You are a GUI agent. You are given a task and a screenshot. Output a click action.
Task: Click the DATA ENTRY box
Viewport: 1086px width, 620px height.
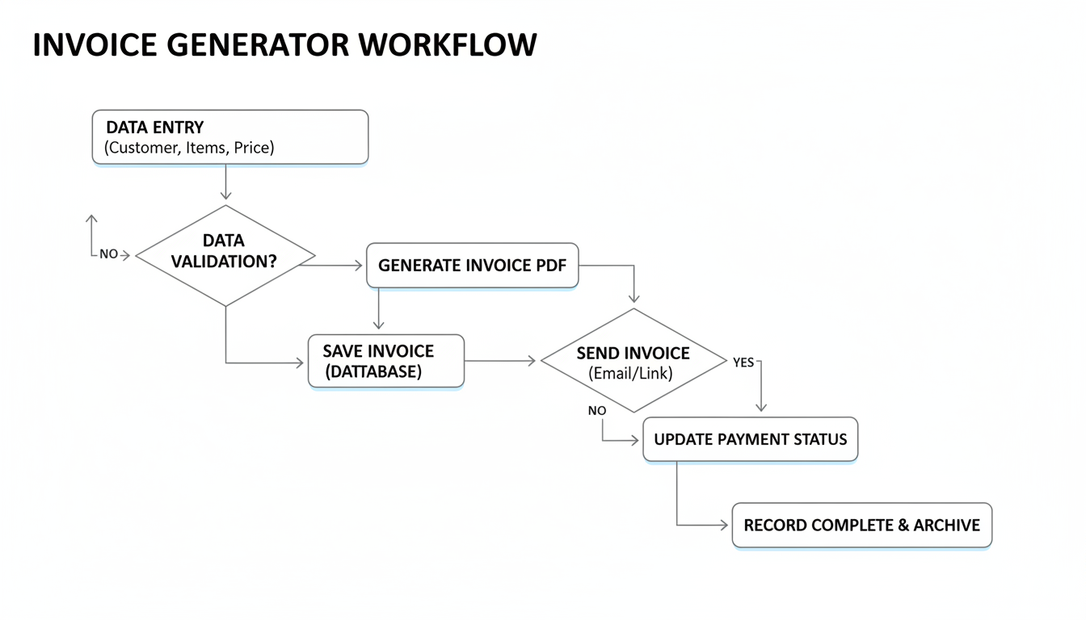[x=230, y=137]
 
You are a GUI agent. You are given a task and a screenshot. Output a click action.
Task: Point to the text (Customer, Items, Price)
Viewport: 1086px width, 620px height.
[x=189, y=148]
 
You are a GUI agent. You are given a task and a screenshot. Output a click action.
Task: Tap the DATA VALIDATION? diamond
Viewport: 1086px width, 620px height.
[x=225, y=255]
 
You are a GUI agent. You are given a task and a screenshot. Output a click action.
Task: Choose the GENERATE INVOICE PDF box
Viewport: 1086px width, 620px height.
[x=472, y=266]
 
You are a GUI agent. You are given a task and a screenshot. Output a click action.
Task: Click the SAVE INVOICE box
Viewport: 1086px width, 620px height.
[x=386, y=361]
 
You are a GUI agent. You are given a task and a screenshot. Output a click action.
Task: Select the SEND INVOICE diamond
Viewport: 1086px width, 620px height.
[x=633, y=361]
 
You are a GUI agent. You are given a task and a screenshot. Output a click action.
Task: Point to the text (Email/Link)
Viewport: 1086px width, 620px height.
[x=630, y=374]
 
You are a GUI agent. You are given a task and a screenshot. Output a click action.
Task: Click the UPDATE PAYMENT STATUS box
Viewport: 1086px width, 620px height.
[x=750, y=440]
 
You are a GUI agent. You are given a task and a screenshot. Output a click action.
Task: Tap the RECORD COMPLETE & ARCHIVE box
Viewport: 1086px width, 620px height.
[x=861, y=526]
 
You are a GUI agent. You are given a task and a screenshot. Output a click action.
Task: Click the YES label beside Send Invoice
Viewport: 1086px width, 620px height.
[x=743, y=362]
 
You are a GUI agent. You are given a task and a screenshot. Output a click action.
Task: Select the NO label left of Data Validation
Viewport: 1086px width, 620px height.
[x=108, y=254]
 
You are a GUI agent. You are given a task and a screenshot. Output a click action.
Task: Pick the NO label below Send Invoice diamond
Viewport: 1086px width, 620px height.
[x=596, y=411]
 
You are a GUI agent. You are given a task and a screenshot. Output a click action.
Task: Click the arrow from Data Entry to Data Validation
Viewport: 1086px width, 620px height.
[x=225, y=182]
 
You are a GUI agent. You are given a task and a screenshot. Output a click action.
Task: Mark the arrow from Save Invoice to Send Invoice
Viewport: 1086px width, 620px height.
[x=501, y=361]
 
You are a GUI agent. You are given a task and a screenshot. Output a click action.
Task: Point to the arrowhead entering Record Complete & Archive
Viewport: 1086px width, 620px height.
[x=724, y=526]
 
